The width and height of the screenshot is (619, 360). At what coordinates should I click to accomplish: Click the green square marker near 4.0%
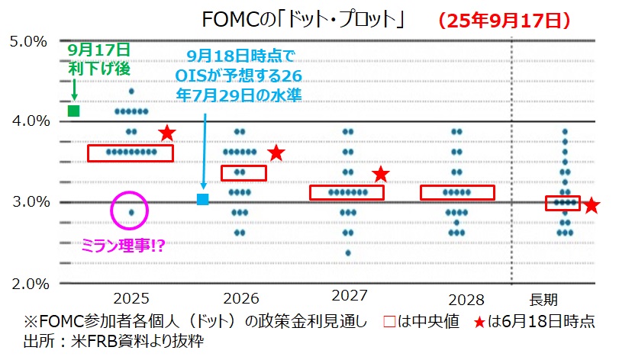(x=74, y=111)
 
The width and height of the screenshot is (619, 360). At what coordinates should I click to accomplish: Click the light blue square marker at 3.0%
(x=202, y=200)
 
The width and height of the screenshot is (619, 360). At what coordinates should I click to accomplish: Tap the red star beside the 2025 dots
(x=167, y=133)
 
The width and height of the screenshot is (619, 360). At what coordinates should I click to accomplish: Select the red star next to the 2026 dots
(x=276, y=153)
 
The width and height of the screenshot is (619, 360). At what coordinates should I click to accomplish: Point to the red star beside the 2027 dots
(x=381, y=175)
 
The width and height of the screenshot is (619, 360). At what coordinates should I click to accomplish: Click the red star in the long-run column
(x=591, y=205)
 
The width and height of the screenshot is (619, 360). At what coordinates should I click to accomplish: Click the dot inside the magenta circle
(x=131, y=212)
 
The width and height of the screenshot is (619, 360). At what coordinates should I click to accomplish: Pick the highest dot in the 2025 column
(x=131, y=92)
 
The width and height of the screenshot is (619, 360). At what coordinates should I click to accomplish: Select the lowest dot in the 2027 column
(x=348, y=252)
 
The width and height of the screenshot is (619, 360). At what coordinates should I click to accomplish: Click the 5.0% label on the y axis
(x=28, y=40)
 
